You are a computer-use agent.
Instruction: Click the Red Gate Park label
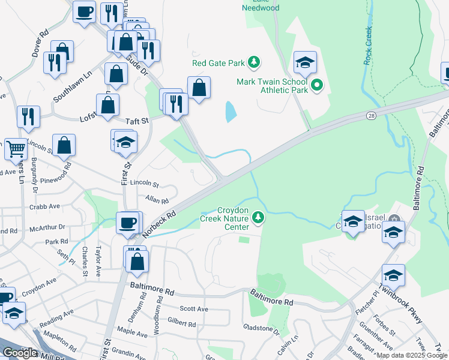coord(218,62)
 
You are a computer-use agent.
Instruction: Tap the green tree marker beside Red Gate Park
coord(255,62)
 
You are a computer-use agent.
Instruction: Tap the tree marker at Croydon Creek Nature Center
coord(259,217)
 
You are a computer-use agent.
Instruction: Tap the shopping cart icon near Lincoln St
coord(16,148)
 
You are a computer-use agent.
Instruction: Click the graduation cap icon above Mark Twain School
coord(305,61)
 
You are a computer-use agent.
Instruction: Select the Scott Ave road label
coord(194,309)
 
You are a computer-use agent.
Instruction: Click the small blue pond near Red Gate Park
coord(230,112)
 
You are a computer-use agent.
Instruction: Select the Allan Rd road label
coord(157,200)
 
